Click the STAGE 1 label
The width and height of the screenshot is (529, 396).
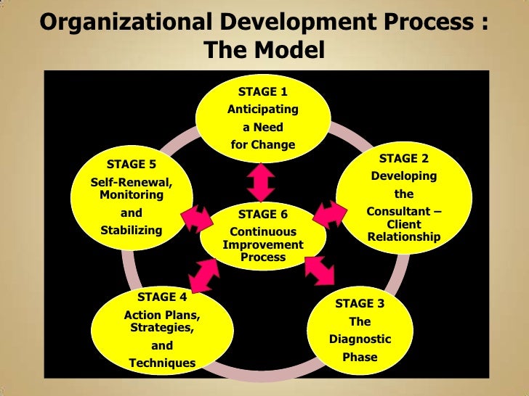click(x=262, y=92)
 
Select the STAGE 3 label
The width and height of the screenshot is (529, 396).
click(x=360, y=304)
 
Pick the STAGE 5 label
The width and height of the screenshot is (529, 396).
click(x=132, y=164)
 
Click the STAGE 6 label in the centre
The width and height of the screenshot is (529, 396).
click(x=262, y=215)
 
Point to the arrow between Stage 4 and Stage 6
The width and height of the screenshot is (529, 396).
click(x=204, y=273)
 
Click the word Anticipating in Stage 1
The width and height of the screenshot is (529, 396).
click(x=262, y=110)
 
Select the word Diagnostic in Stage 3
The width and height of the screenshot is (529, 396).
click(x=360, y=339)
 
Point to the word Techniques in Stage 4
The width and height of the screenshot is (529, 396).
click(x=162, y=363)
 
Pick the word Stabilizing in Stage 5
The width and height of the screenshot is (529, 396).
click(x=132, y=231)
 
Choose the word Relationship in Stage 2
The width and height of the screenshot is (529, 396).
click(x=404, y=236)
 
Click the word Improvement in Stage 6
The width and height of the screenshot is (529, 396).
click(x=262, y=245)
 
